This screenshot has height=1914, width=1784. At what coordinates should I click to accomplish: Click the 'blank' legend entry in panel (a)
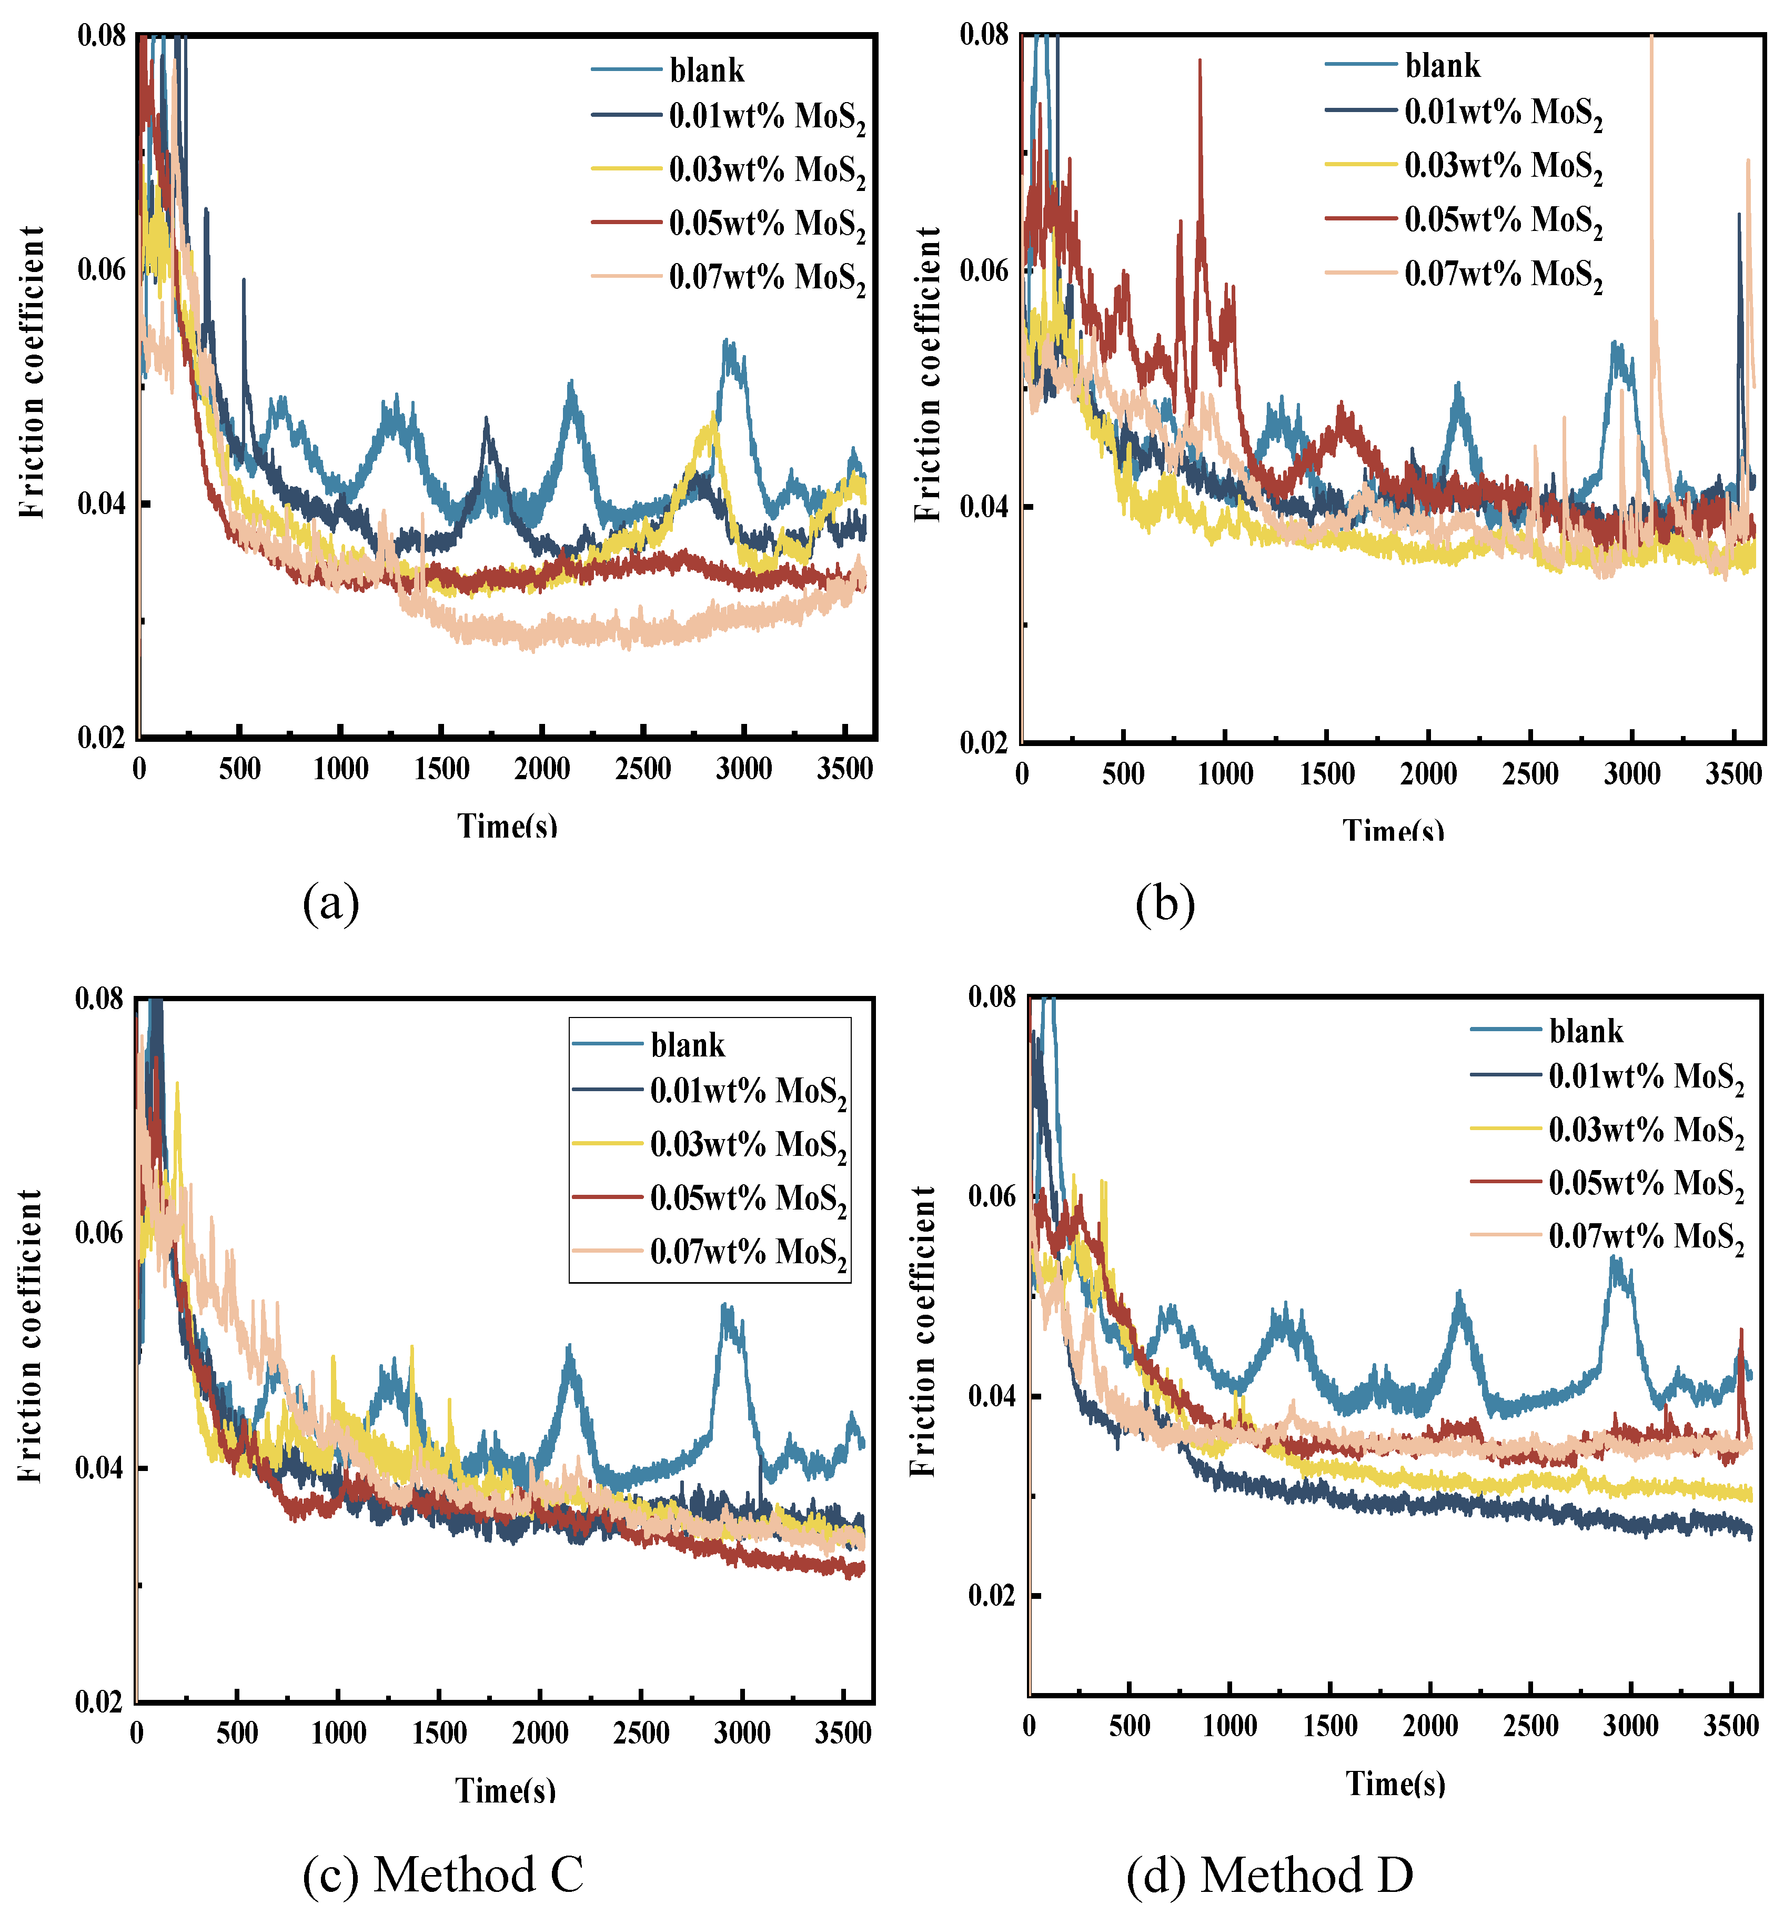click(707, 71)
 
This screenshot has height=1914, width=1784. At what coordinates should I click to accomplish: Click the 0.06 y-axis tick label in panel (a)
click(101, 269)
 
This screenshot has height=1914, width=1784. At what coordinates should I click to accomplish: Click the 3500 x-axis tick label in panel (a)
click(844, 769)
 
